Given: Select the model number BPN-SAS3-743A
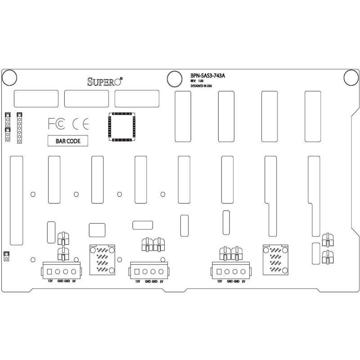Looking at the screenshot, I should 207,76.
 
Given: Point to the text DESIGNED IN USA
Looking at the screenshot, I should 201,85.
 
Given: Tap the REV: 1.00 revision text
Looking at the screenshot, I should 197,81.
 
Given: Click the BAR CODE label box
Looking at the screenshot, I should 68,141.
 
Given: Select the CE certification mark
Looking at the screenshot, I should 81,124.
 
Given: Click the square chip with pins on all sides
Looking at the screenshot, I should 121,126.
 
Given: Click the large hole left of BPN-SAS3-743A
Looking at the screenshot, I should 173,78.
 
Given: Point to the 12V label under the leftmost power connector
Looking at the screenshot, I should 50,281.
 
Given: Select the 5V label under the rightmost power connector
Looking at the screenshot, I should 243,281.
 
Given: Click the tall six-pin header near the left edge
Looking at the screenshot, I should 19,128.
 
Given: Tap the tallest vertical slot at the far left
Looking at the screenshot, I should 16,201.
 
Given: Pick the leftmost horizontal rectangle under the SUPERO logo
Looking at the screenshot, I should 36,99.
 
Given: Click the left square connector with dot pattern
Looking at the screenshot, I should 103,260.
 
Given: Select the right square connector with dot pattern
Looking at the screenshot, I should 276,260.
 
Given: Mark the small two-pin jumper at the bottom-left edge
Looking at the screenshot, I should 6,256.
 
